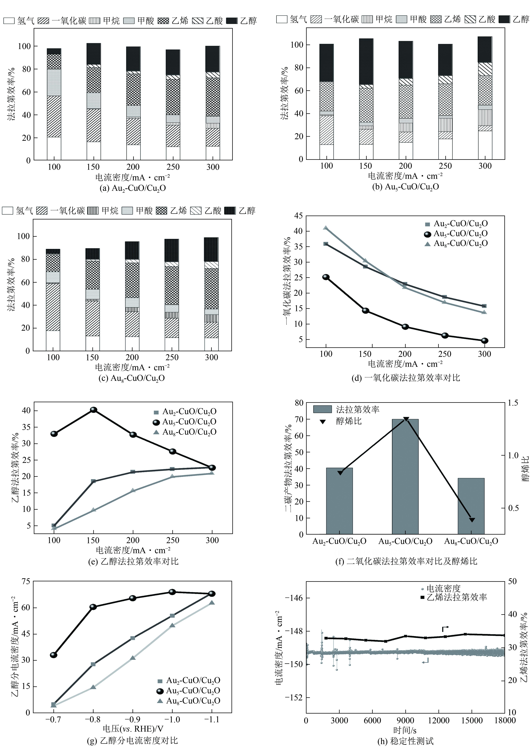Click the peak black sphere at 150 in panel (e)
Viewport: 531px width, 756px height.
pos(94,410)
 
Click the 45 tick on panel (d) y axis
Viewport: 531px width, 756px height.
pos(298,216)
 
